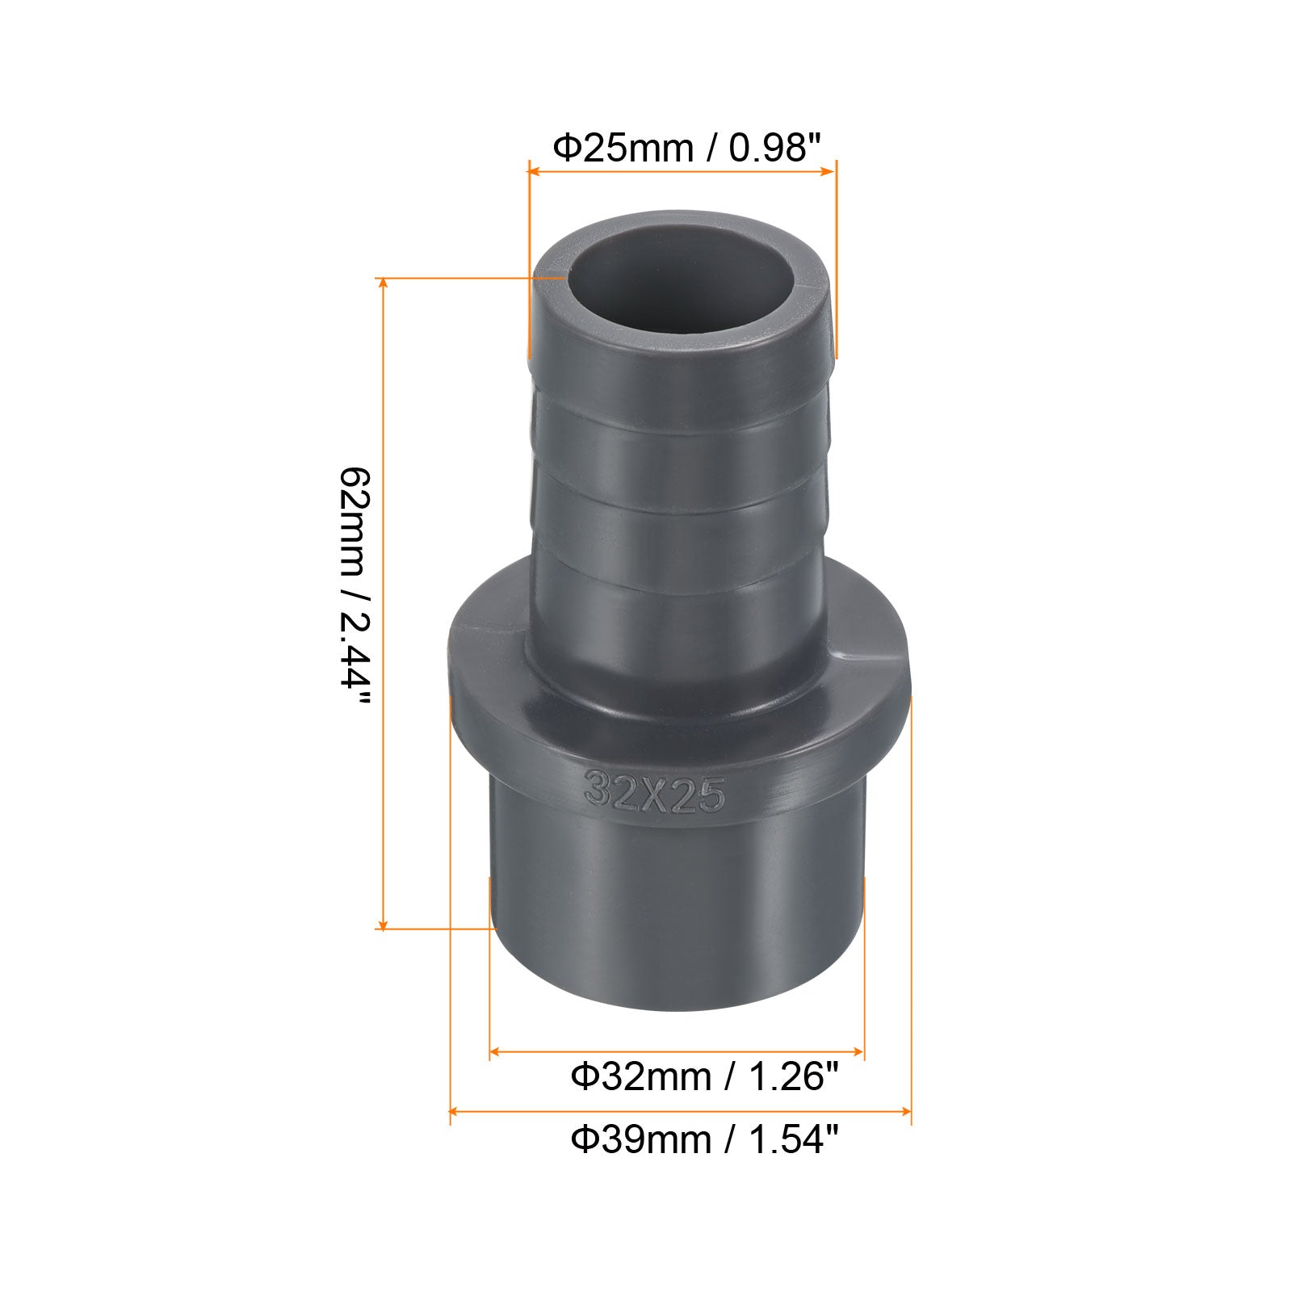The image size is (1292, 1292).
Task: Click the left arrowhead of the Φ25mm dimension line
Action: [x=533, y=170]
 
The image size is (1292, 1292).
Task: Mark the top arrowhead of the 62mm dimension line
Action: [x=383, y=283]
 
